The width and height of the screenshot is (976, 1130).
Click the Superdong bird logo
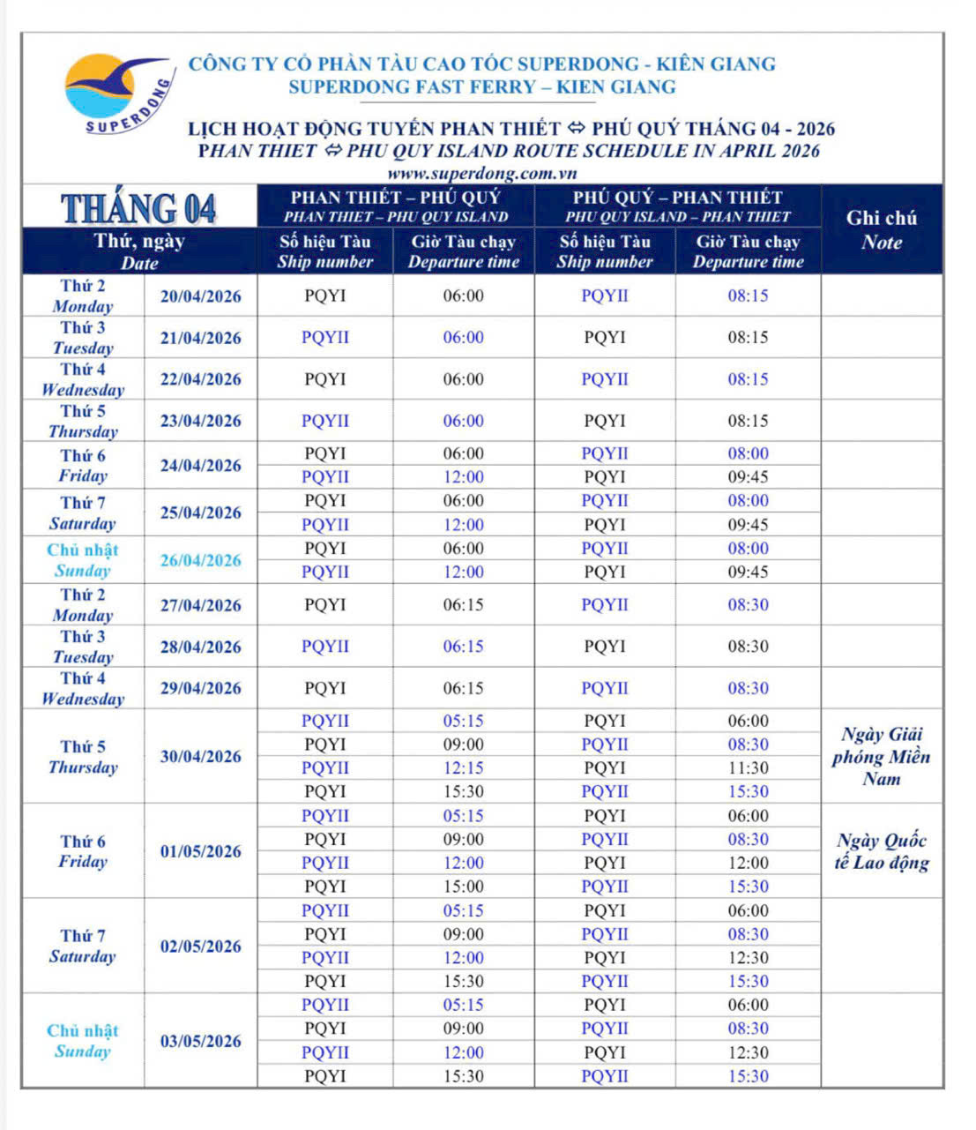[115, 93]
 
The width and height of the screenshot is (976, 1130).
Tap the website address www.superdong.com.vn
[481, 174]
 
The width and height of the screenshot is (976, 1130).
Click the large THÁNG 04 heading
[139, 208]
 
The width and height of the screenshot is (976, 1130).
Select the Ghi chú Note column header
[881, 229]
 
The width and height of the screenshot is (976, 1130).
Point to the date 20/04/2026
[200, 296]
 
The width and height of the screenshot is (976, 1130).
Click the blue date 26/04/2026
[200, 560]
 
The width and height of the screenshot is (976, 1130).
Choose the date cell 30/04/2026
[200, 756]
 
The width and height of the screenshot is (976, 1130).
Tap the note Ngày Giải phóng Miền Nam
[881, 756]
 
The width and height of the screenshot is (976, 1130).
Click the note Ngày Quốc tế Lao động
[881, 851]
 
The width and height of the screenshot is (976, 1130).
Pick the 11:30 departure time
[748, 768]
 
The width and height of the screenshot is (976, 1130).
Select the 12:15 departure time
[463, 768]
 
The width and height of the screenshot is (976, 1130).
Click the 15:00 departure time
[463, 887]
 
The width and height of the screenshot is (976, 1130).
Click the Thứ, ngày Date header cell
[139, 251]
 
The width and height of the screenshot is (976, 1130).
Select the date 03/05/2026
[200, 1041]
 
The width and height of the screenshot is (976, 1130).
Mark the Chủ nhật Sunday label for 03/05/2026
[83, 1041]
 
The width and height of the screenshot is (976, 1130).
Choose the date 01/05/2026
[200, 851]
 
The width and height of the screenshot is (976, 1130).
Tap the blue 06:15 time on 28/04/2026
[463, 647]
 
